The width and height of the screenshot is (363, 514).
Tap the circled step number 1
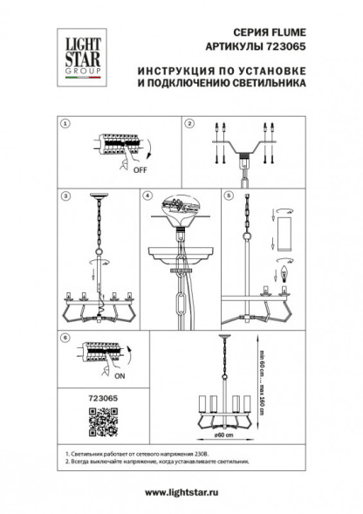(64, 124)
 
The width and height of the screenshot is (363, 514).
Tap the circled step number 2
(188, 124)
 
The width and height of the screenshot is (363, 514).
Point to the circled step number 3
(64, 197)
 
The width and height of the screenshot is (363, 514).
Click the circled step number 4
(147, 197)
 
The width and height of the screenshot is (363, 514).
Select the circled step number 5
(228, 197)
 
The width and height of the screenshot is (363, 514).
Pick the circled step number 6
(64, 336)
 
